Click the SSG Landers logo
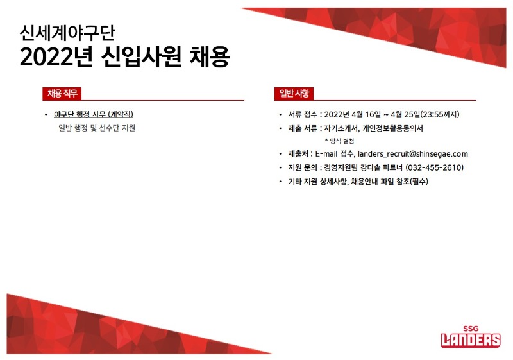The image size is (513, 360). coord(471,336)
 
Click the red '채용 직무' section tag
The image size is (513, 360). coord(62,94)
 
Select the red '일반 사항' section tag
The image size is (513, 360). coord(294,94)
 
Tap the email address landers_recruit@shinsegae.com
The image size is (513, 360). coord(412,154)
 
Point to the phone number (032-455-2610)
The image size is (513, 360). coord(435,167)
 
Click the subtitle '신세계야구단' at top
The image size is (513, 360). coord(67,33)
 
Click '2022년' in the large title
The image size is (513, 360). coord(56,57)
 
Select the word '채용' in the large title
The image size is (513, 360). coord(210,57)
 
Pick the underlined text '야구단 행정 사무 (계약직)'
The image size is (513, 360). coord(94,114)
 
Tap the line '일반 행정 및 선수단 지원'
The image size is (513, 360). coord(97,128)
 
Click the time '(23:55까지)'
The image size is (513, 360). coord(440,114)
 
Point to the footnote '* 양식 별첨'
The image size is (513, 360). coord(339,141)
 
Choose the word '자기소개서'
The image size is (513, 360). coord(341,128)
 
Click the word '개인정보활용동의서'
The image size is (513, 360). coord(392,128)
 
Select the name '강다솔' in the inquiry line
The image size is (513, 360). coord(371,167)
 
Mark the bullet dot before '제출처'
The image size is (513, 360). coord(280,154)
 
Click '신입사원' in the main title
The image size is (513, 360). coord(141,57)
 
